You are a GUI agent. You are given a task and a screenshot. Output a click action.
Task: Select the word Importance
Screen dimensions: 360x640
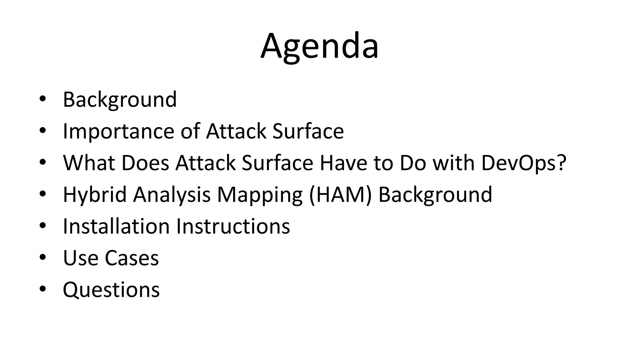(x=118, y=131)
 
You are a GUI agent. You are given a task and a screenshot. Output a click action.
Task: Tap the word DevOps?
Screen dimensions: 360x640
(x=524, y=163)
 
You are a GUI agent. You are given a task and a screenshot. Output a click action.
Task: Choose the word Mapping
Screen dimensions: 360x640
(x=259, y=195)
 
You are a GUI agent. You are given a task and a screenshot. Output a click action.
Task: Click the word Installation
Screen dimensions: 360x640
(x=116, y=226)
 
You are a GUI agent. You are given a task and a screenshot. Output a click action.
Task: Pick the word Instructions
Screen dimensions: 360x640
(x=233, y=226)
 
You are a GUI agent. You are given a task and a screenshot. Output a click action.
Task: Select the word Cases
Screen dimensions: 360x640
(x=132, y=258)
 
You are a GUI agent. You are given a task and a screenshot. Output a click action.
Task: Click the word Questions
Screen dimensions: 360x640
(x=111, y=290)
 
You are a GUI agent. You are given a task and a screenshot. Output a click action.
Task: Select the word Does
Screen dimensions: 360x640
(x=145, y=163)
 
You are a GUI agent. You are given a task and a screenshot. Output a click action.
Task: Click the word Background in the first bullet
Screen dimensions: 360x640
(x=120, y=100)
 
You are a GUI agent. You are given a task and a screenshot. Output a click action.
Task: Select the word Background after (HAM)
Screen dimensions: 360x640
(x=435, y=195)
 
